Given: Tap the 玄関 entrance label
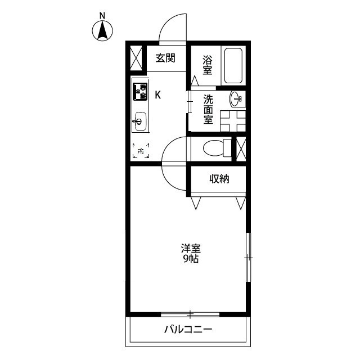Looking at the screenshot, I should (166, 57).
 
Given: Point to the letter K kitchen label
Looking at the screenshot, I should (158, 94).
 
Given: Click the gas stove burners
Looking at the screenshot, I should (139, 91).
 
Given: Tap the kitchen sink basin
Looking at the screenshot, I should (139, 121).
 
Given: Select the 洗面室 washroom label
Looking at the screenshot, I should (208, 110).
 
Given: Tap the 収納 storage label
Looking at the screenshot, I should (219, 179).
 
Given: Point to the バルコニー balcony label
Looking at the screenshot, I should (188, 330).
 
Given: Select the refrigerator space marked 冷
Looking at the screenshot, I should (140, 151).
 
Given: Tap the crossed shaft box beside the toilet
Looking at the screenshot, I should (241, 148).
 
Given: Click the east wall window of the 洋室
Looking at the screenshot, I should (249, 257).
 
